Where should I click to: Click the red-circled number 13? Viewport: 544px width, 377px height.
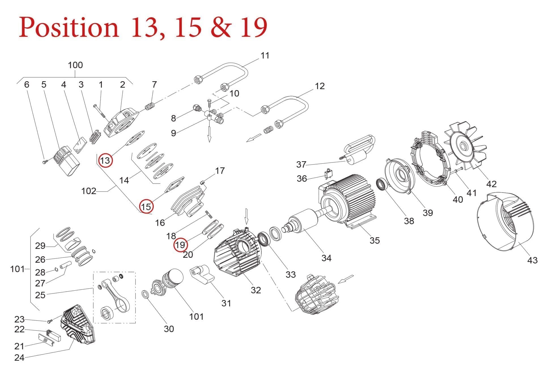tap(105, 161)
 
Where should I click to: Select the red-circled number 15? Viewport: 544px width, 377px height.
tap(146, 206)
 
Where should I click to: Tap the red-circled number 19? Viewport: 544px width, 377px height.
tap(180, 245)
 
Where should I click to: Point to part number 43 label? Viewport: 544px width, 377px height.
tap(532, 260)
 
